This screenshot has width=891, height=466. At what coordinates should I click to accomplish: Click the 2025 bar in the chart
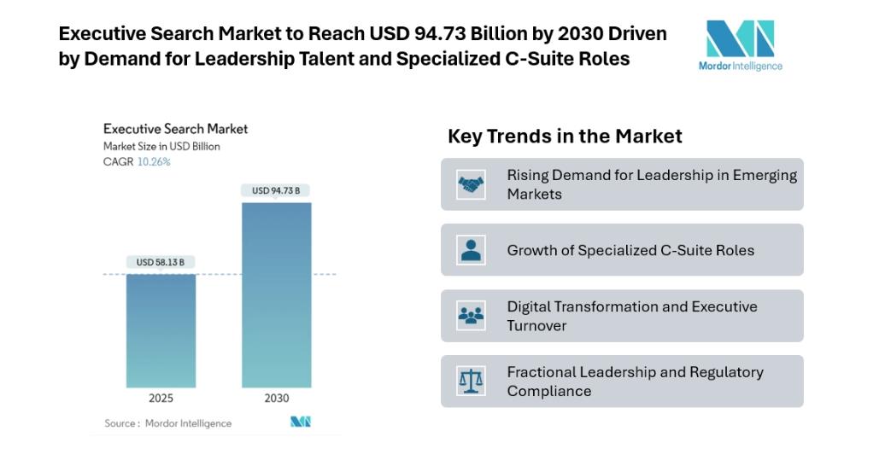tap(161, 330)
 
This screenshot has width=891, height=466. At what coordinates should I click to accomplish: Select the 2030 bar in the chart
tap(276, 294)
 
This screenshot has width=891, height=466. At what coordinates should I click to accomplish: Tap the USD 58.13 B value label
tap(161, 262)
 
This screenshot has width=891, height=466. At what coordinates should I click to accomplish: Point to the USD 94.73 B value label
tap(276, 190)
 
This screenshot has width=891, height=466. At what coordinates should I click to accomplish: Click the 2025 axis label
tap(161, 398)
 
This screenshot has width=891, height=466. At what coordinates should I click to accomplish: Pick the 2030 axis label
tap(276, 398)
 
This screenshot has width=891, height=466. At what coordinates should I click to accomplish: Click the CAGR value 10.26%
tap(154, 162)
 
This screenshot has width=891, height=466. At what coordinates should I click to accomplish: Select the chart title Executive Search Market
tap(175, 129)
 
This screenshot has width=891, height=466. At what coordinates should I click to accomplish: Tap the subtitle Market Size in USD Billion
tap(161, 146)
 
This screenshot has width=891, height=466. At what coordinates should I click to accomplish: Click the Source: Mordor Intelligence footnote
tap(167, 423)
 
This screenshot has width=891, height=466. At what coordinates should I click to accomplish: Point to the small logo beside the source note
tap(301, 422)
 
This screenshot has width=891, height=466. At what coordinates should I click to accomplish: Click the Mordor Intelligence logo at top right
tap(740, 45)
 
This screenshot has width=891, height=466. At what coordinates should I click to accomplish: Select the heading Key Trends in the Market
tap(565, 137)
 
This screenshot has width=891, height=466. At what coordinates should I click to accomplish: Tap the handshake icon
tap(471, 184)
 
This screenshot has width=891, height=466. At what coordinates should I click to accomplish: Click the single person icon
tap(471, 250)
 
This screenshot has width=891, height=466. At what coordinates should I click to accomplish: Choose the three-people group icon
tap(471, 316)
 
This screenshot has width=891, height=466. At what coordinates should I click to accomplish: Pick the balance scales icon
tap(471, 381)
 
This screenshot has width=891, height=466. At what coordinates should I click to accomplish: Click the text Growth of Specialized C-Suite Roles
tap(630, 251)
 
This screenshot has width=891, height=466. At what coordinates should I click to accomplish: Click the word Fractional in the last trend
tap(541, 372)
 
